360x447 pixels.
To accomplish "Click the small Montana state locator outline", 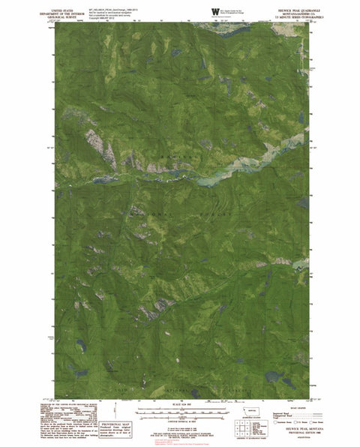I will click(247, 412).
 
